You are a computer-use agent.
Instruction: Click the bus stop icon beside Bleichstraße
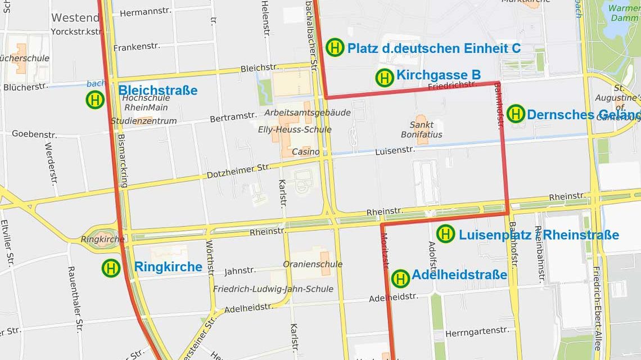coord(95,100)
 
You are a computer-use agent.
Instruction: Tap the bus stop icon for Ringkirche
coord(111,268)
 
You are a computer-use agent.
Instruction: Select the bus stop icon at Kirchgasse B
coord(385,78)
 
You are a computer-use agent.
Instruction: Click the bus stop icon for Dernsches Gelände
coord(516,114)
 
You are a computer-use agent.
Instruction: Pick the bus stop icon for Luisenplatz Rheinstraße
coord(445,233)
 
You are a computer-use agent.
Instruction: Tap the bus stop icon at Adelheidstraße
coord(400,278)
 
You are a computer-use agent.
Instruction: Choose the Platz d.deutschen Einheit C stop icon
coord(335,47)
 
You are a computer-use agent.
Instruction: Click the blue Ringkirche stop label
coord(168,267)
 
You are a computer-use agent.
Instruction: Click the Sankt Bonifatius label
coord(421,130)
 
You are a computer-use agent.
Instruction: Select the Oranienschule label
coord(313,264)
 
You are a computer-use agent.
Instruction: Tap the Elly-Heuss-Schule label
coord(297,129)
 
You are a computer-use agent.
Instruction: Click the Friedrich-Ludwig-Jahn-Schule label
coord(273,289)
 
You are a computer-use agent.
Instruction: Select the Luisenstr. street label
coord(395,150)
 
